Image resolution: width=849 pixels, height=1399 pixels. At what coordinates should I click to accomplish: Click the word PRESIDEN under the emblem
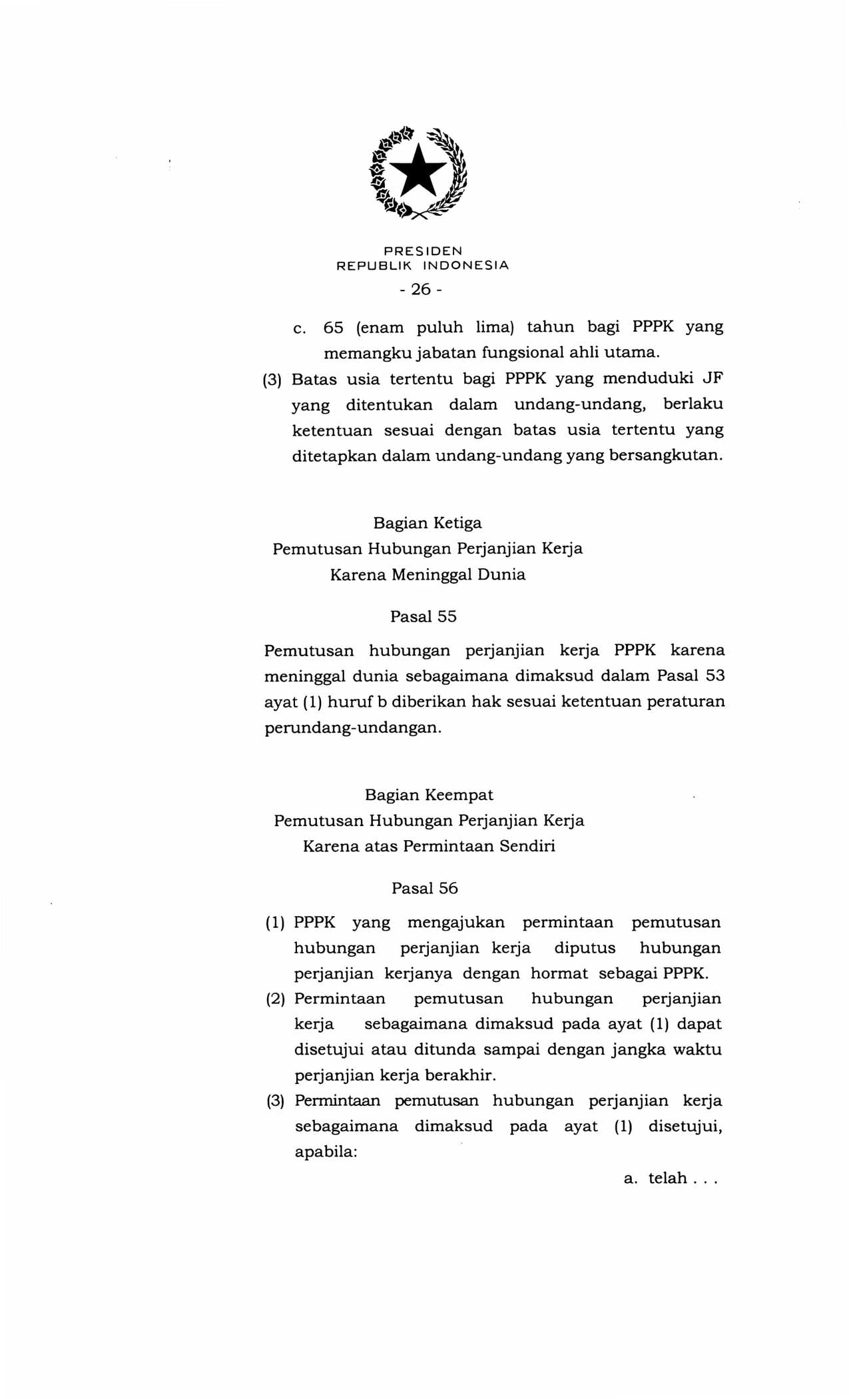(x=423, y=251)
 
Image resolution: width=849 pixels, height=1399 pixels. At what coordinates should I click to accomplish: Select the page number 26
(x=421, y=289)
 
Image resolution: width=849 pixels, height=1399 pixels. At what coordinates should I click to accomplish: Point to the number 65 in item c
(x=333, y=328)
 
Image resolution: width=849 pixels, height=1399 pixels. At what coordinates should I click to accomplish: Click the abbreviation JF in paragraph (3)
(x=712, y=379)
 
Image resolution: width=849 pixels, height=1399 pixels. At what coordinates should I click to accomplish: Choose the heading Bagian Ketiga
(x=427, y=523)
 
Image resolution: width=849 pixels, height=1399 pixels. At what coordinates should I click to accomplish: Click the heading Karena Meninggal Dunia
(x=427, y=574)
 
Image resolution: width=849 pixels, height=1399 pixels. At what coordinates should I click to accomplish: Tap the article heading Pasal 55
(x=424, y=617)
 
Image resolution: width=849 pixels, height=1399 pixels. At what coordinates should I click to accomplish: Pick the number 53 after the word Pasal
(x=714, y=676)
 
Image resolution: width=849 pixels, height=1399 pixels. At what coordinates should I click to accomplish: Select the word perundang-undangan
(x=352, y=727)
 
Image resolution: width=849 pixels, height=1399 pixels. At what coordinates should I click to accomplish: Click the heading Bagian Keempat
(x=429, y=795)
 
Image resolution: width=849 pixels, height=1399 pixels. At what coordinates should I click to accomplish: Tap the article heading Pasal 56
(x=425, y=889)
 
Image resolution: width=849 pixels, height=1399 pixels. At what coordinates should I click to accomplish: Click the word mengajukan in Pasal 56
(x=455, y=923)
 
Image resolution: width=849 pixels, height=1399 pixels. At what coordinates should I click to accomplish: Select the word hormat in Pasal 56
(x=559, y=973)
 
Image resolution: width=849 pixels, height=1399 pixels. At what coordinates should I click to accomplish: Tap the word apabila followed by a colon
(x=326, y=1152)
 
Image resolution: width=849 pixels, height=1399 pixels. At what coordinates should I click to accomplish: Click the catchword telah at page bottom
(x=667, y=1178)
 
